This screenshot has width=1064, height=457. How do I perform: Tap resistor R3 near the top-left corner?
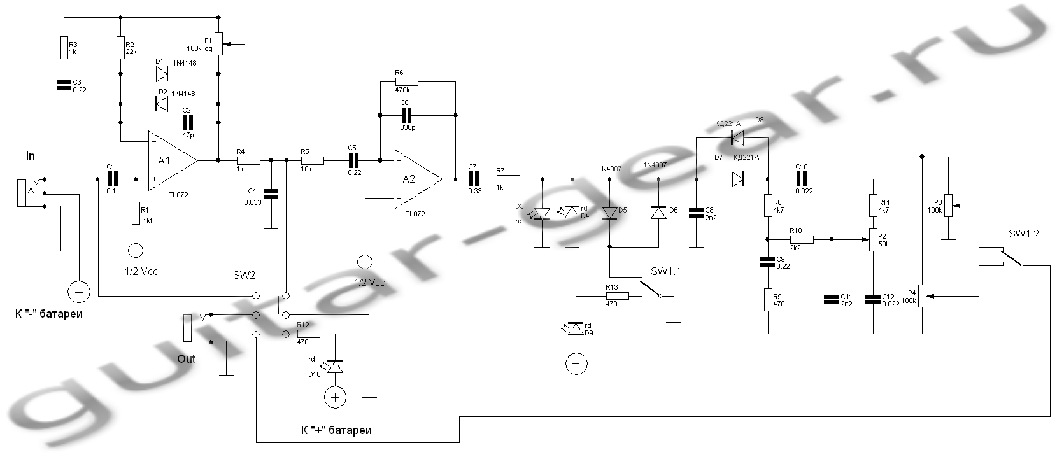[64, 47]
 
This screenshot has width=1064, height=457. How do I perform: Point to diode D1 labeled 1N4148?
[161, 74]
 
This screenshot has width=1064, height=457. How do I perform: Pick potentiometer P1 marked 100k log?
[219, 44]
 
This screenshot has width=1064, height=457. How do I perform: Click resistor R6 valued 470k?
[406, 81]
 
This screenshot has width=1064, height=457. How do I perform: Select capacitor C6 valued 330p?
[406, 115]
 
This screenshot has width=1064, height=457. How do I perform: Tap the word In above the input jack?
[31, 157]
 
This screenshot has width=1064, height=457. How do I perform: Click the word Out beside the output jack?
[186, 359]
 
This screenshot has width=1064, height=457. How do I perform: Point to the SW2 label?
[243, 275]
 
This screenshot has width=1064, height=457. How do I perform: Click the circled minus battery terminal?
[79, 292]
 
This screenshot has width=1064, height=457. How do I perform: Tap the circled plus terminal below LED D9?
[576, 363]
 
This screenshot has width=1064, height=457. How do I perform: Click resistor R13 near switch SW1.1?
[617, 296]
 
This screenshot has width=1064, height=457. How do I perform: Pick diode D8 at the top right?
[738, 136]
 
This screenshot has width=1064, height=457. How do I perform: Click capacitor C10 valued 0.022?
[801, 179]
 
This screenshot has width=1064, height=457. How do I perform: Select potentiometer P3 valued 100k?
[948, 206]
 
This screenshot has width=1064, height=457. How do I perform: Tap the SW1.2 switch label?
[1023, 234]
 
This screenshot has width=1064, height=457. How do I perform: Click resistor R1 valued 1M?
[136, 213]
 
